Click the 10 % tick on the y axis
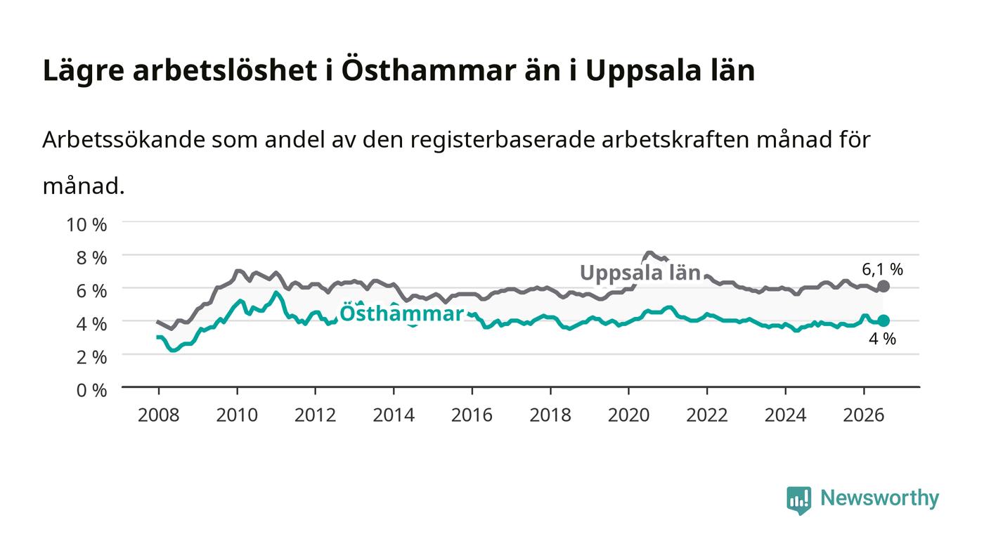click(x=86, y=224)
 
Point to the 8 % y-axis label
click(x=91, y=258)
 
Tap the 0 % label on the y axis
click(x=91, y=390)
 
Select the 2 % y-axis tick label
click(x=91, y=357)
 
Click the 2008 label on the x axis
click(x=159, y=415)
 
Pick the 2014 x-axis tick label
click(x=394, y=415)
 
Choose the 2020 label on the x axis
click(x=628, y=415)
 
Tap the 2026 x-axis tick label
click(x=864, y=415)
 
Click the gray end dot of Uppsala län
click(x=883, y=287)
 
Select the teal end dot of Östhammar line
click(x=883, y=320)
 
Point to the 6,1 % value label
click(x=882, y=269)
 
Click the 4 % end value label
click(x=882, y=339)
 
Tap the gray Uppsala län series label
click(x=640, y=273)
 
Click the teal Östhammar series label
click(x=401, y=313)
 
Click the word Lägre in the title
click(x=84, y=71)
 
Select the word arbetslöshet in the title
click(x=225, y=70)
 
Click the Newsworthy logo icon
click(x=798, y=500)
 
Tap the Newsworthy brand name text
click(x=879, y=498)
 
